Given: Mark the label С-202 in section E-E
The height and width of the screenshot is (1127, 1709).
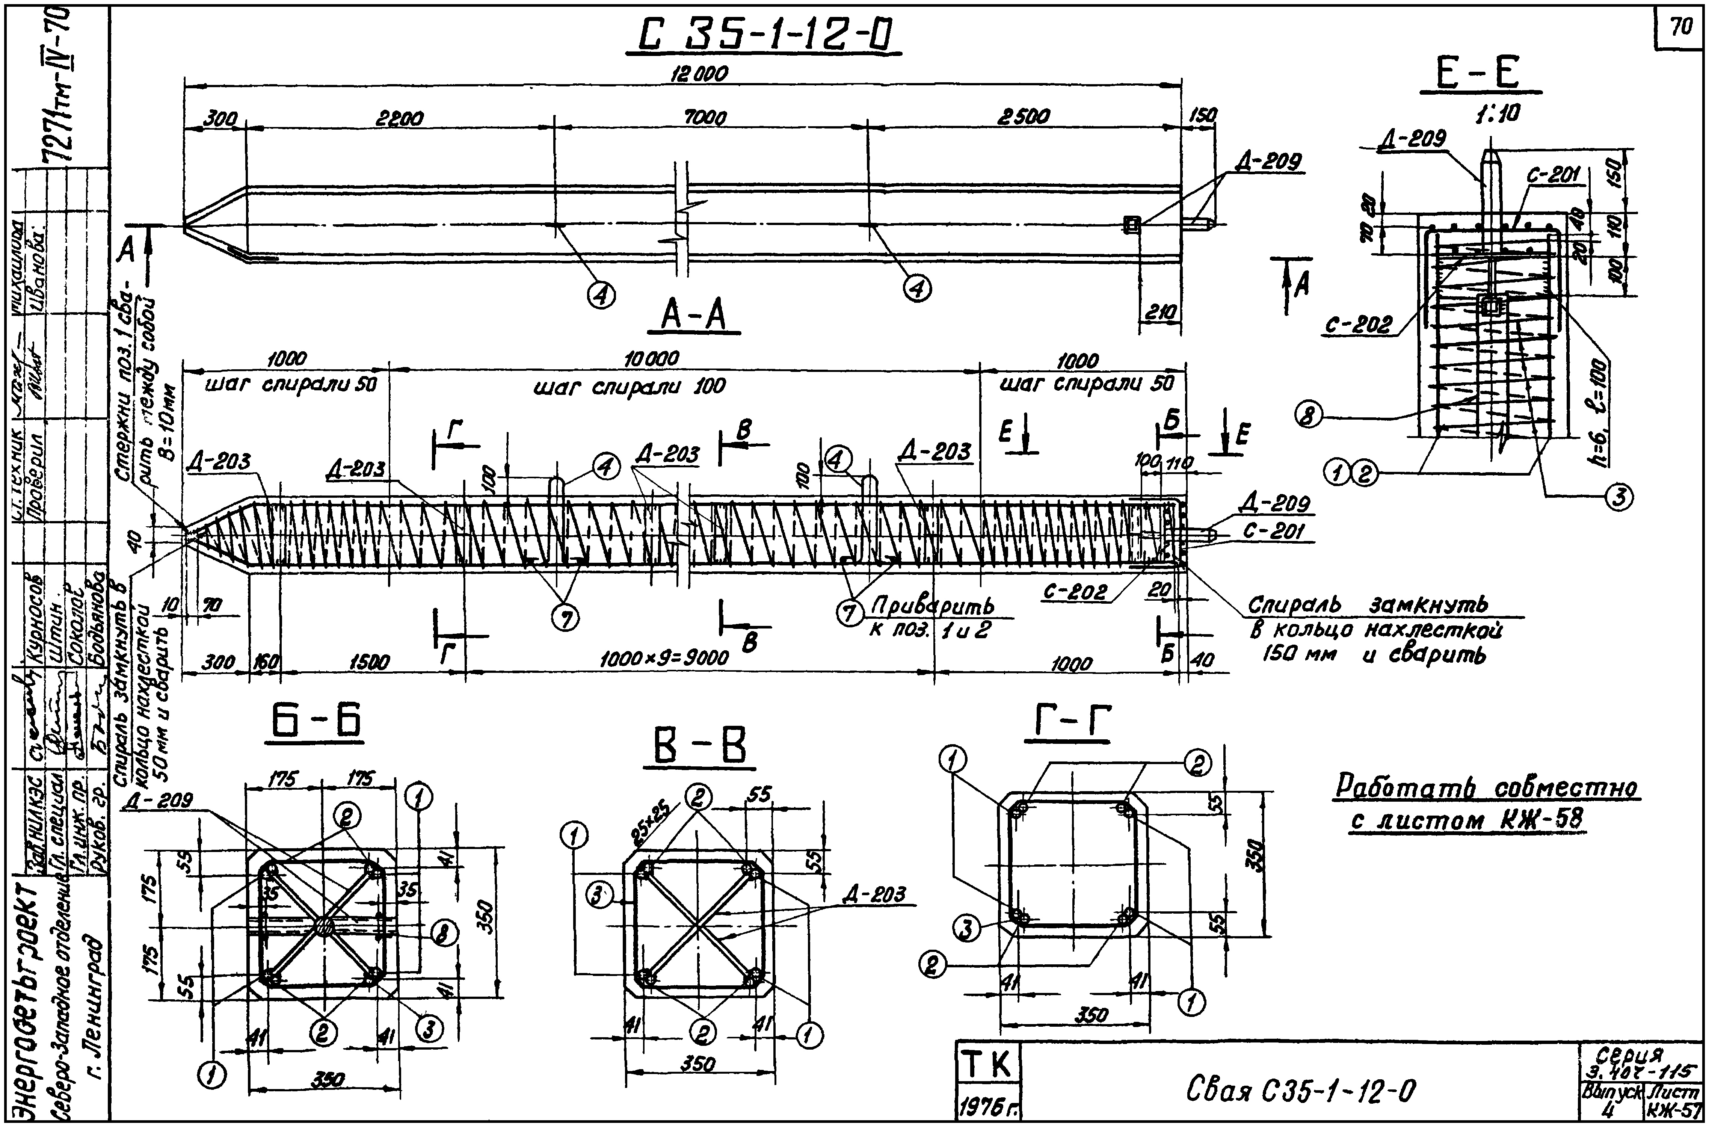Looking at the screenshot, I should point(1359,326).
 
